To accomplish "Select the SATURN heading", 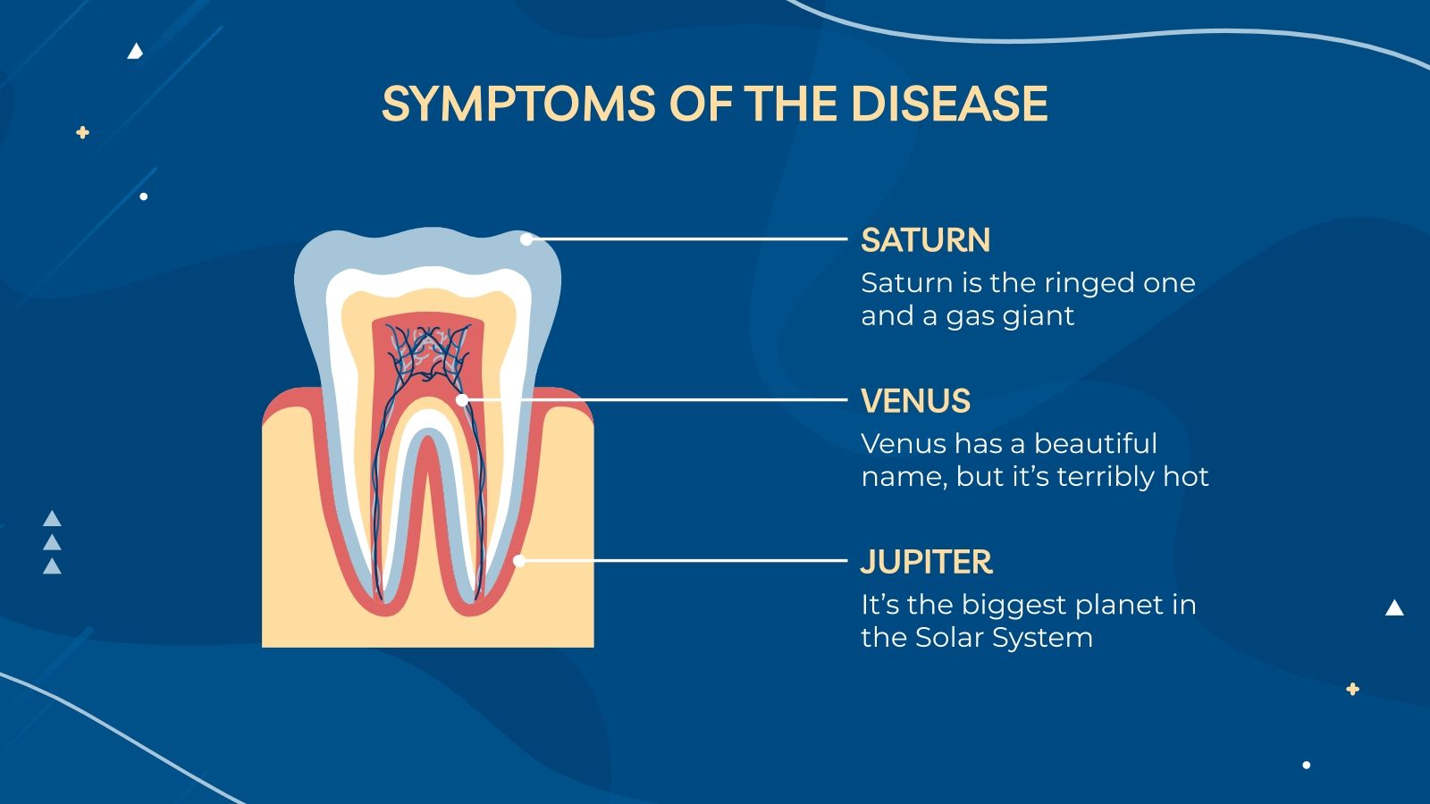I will click(925, 240).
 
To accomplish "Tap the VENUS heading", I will click(915, 401).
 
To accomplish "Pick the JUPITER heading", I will click(926, 562).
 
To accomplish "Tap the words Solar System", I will click(1005, 638).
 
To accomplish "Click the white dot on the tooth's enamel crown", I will click(526, 239).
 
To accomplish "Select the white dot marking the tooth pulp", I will click(462, 400).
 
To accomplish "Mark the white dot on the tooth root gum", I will click(519, 561).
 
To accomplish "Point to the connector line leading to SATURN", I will click(688, 239).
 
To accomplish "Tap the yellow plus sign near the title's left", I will click(83, 132).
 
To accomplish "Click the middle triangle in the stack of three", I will click(53, 543).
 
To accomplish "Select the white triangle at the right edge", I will click(1394, 608).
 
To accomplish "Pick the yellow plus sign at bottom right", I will click(1352, 689).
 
